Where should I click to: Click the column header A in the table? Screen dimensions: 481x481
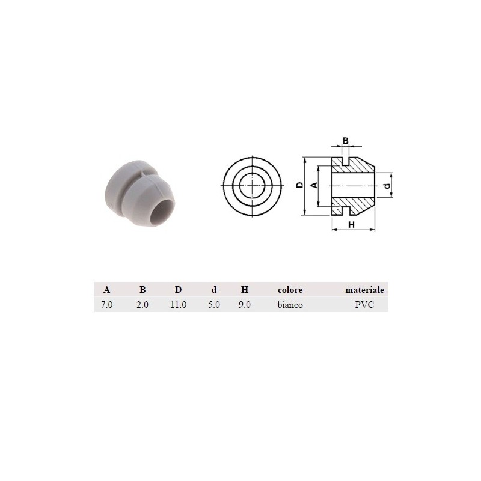(x=106, y=290)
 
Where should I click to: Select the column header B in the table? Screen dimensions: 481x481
(x=142, y=290)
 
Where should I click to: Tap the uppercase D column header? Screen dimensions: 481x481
(x=178, y=290)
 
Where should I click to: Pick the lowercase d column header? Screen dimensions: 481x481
(x=213, y=290)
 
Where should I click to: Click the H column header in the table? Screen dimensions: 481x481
(x=245, y=290)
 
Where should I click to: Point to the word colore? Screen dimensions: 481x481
(x=290, y=290)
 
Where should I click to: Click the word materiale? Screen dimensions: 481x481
(x=364, y=290)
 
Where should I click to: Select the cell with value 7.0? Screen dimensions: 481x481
(x=106, y=305)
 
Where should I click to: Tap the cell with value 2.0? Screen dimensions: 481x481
(x=142, y=305)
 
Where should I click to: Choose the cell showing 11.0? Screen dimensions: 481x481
(x=178, y=305)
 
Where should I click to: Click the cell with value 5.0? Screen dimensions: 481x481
(x=213, y=305)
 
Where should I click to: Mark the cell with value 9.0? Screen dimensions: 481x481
(x=245, y=305)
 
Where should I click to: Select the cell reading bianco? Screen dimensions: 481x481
(x=290, y=305)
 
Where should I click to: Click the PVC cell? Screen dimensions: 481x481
(x=364, y=305)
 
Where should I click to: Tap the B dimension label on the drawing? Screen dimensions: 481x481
(x=345, y=141)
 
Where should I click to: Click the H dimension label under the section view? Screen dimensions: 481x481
(x=352, y=224)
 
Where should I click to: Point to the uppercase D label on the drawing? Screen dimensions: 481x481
(x=299, y=186)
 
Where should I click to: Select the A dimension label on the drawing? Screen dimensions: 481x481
(x=313, y=186)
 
